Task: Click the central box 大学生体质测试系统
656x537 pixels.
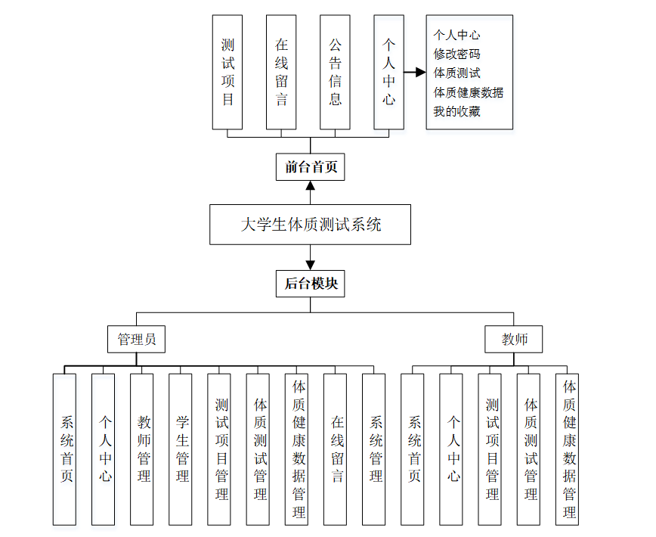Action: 310,224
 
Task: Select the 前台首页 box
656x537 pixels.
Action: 310,167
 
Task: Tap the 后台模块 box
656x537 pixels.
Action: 310,284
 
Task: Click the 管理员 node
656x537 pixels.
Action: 136,340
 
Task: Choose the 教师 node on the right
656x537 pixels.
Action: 514,340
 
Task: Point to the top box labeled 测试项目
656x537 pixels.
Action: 227,72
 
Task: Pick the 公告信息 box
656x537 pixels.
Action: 335,72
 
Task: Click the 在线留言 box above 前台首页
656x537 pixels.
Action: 281,72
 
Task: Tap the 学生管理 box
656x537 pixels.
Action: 181,449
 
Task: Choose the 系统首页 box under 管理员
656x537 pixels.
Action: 65,449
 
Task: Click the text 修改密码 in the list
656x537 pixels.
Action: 456,54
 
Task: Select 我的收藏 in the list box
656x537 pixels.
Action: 456,111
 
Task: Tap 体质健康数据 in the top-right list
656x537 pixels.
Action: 468,92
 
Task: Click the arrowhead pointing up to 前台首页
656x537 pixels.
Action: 310,186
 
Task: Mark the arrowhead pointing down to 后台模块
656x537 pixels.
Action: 310,265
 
